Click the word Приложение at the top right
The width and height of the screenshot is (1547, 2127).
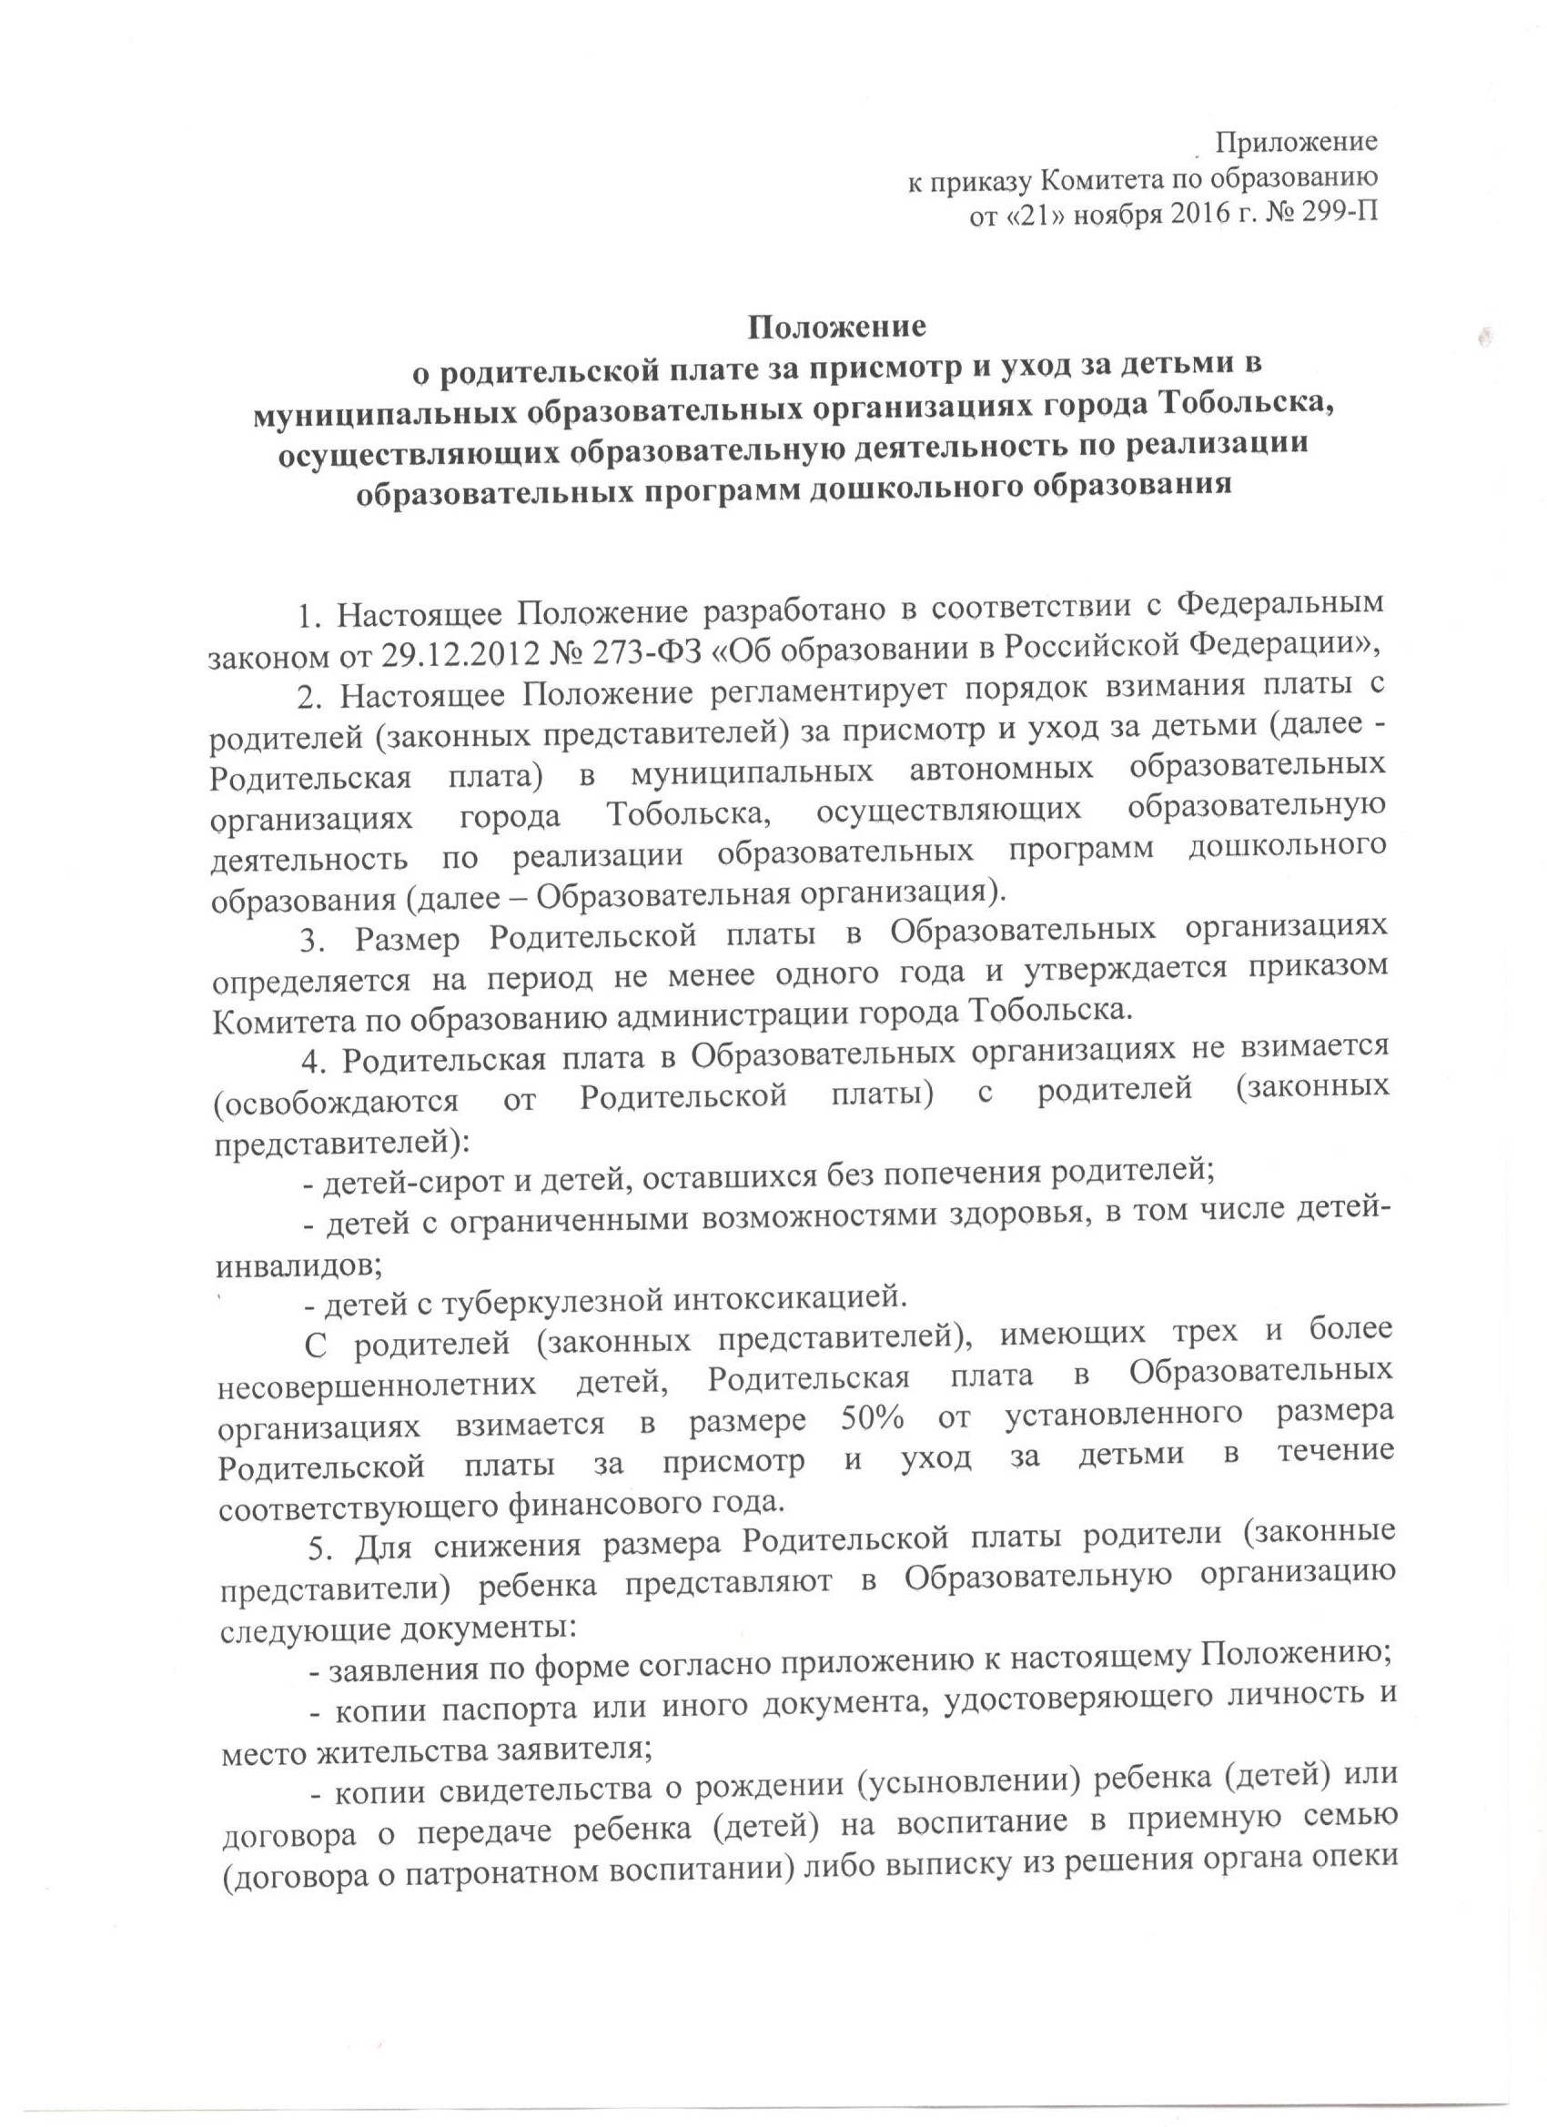[x=1296, y=144]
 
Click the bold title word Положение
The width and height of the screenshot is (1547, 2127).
[x=837, y=328]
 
